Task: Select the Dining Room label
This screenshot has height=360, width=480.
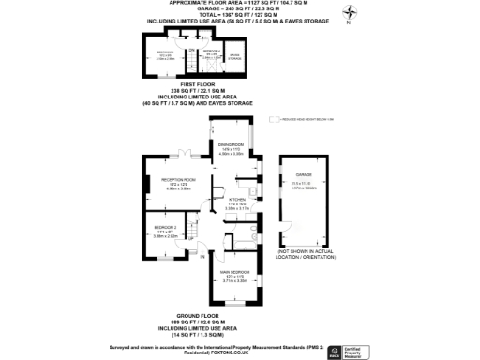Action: tap(231, 146)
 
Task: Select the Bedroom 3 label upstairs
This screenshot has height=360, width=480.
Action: tap(166, 53)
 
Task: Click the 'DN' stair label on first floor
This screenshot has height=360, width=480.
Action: tap(189, 51)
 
